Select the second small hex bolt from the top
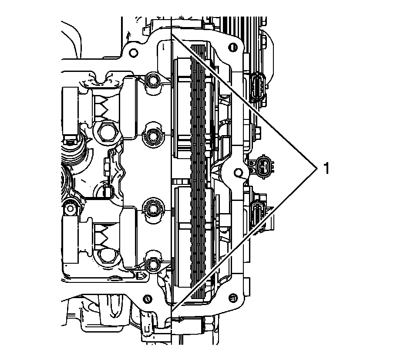pos(153,136)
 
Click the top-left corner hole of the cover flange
pos(133,52)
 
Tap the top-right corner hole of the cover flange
pos(234,47)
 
